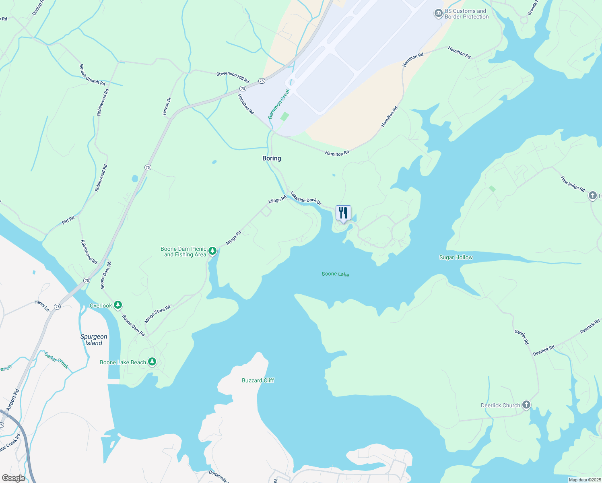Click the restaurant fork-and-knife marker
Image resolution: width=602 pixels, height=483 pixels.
(x=343, y=213)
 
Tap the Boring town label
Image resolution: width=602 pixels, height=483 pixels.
(x=272, y=158)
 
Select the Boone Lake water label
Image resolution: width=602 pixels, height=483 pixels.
(x=335, y=274)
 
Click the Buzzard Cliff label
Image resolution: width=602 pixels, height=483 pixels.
(x=258, y=380)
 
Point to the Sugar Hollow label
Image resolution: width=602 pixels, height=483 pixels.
(x=456, y=257)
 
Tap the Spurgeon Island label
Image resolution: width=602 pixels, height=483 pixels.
(x=94, y=340)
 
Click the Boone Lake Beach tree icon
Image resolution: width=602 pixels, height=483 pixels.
(x=152, y=362)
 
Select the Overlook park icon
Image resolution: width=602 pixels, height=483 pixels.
(x=118, y=305)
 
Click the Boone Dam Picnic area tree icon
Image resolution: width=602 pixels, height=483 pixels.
(x=212, y=252)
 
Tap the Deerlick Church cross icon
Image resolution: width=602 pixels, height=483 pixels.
(x=526, y=405)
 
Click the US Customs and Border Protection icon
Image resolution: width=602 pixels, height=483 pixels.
(x=438, y=14)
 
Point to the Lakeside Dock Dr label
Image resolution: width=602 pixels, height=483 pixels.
(x=306, y=198)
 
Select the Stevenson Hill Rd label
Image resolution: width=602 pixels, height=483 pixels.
(x=233, y=77)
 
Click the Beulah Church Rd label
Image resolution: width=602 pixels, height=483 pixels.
(x=92, y=75)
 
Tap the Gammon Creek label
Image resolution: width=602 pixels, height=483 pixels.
(x=279, y=104)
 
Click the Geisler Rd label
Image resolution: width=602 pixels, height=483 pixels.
(x=522, y=337)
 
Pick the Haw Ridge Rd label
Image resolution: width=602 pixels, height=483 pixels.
(x=573, y=184)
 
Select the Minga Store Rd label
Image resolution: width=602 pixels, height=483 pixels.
(x=157, y=314)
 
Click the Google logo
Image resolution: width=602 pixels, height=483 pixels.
(x=13, y=478)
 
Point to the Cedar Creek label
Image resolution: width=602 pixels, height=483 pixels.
(x=56, y=360)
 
